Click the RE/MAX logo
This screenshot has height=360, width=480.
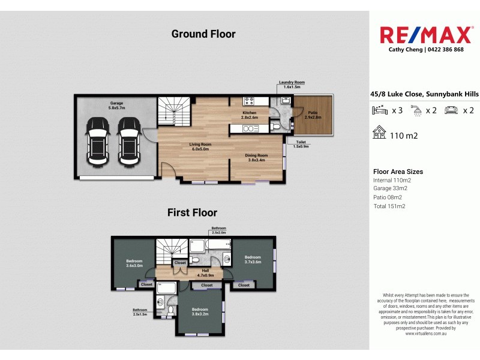[x=425, y=34]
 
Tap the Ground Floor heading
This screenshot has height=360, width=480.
[x=203, y=34]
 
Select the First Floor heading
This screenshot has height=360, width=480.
[x=192, y=212]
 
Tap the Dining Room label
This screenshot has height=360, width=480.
[x=256, y=158]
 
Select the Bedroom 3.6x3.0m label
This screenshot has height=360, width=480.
[x=134, y=263]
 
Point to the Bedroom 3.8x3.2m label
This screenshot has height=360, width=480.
[x=200, y=311]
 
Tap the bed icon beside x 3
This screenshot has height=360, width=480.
[x=380, y=110]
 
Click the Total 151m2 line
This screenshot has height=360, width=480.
[x=389, y=206]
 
